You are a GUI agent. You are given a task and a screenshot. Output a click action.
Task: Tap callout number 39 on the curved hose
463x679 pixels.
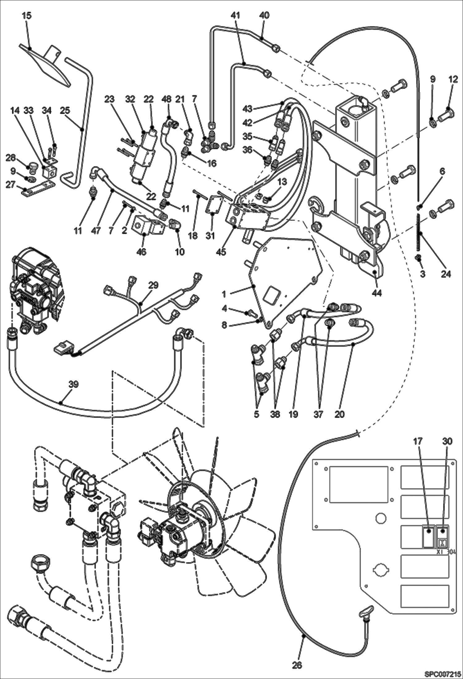tap(74, 385)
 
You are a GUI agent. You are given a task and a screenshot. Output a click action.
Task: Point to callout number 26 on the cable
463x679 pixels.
tap(297, 664)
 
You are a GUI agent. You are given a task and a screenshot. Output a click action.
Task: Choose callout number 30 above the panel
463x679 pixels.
tap(447, 442)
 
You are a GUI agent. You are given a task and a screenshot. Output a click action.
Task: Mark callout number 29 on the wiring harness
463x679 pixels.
tap(154, 285)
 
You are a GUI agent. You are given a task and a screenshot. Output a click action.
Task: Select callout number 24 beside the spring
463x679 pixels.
tap(446, 274)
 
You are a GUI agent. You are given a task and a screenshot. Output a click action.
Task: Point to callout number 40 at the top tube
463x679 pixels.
tap(265, 15)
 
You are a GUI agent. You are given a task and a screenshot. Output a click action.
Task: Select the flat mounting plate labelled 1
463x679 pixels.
tap(287, 279)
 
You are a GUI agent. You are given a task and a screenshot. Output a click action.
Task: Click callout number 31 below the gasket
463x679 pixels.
tap(210, 236)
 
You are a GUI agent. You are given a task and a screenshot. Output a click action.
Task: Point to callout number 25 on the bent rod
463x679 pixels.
tap(65, 110)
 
